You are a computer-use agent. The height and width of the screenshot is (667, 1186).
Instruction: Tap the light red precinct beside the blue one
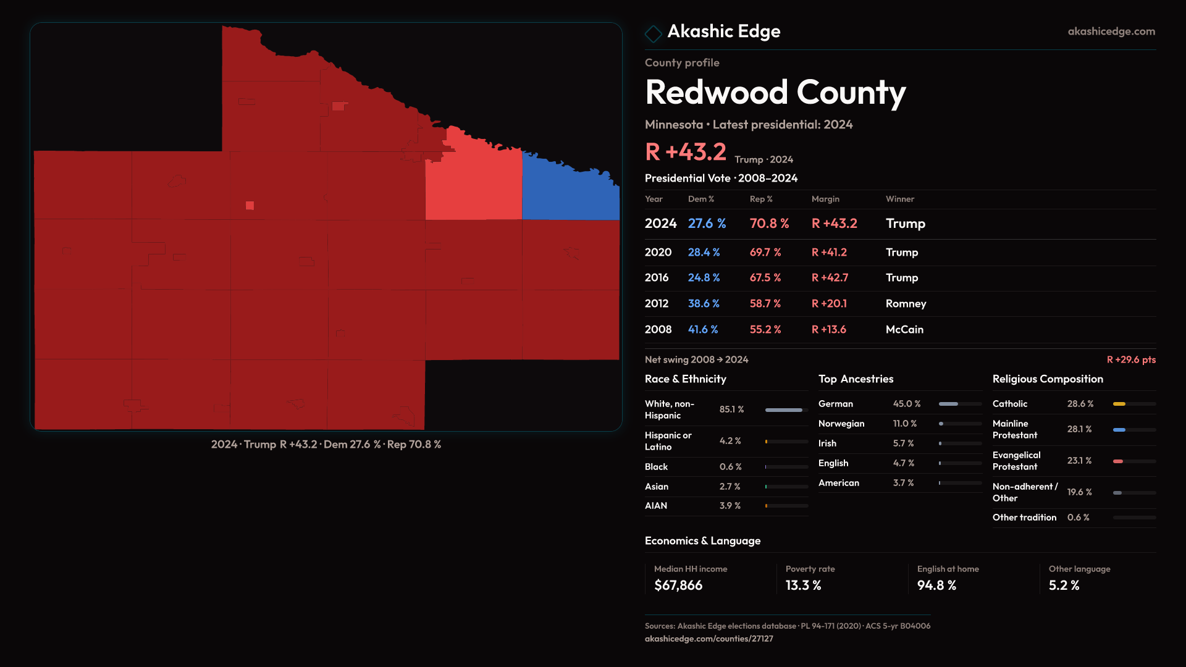[473, 185]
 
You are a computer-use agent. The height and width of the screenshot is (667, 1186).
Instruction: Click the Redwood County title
[775, 93]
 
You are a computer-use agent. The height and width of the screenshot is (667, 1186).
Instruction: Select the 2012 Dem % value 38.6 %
[704, 304]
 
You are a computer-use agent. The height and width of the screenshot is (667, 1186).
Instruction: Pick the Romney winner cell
[906, 304]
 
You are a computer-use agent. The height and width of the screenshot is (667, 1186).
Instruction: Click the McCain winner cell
[904, 330]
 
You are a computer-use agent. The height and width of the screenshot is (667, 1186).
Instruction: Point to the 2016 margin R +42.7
[830, 278]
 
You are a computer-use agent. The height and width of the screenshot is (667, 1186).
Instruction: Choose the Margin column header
[825, 199]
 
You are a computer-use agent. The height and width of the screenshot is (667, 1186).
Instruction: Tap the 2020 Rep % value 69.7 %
[765, 253]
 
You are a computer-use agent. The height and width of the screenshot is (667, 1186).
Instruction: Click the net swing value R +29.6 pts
[1131, 359]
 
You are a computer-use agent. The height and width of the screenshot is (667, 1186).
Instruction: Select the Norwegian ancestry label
[841, 424]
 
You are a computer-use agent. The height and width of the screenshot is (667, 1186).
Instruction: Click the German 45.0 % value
[907, 404]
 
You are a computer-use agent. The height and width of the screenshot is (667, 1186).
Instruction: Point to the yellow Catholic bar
[1119, 404]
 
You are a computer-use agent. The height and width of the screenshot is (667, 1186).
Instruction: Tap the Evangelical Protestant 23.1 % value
[1079, 461]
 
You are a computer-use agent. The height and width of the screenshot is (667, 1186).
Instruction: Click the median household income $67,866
[678, 585]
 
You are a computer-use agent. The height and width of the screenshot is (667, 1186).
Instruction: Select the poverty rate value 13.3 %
[803, 585]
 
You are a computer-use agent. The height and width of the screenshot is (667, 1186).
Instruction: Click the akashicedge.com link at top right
[1111, 31]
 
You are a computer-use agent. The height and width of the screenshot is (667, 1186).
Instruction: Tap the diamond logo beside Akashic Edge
[653, 33]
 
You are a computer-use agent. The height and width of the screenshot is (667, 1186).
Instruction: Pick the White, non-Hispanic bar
[783, 410]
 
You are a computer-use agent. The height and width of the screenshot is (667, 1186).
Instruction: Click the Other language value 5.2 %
[1064, 585]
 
